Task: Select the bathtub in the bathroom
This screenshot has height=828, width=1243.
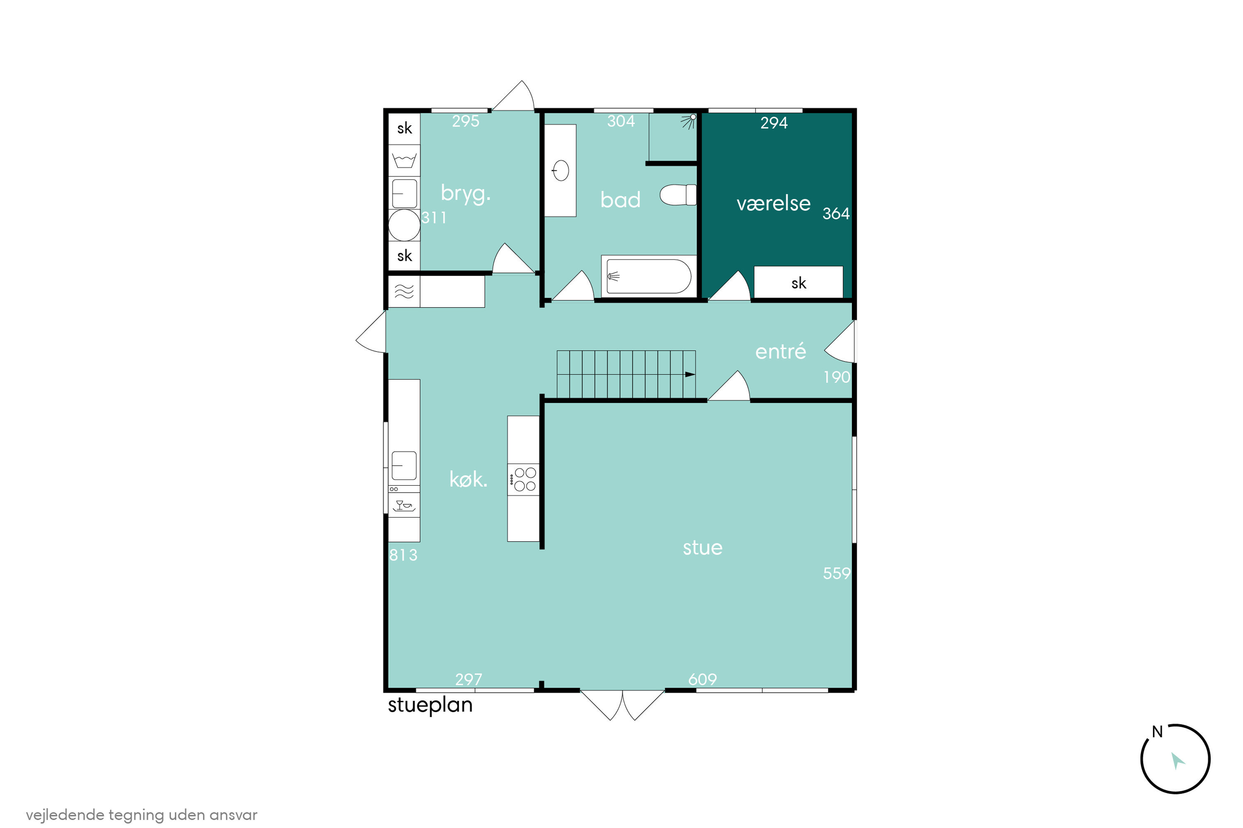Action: coord(648,276)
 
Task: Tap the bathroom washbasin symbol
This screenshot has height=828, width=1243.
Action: coord(560,171)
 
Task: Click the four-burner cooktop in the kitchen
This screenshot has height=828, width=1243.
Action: coord(523,479)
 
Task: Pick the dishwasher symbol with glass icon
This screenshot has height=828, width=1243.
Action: coord(404,505)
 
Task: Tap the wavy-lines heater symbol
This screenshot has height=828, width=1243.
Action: coord(404,291)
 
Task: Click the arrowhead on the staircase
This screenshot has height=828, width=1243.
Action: coord(690,374)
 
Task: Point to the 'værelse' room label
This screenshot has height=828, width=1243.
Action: coord(773,203)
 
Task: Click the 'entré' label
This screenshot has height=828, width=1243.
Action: coord(781,351)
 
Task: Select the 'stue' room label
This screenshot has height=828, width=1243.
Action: coord(702,548)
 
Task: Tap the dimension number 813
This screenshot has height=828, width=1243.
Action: coord(403,555)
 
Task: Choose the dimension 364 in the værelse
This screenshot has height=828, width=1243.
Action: coord(836,213)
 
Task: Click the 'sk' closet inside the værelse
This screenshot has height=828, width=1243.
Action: coord(798,282)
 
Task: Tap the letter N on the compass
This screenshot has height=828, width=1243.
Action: coord(1157,732)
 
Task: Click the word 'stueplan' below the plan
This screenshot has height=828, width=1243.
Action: coord(430,705)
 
